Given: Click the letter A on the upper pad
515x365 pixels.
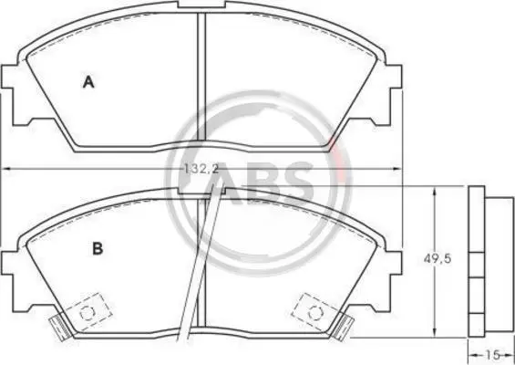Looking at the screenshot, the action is tap(88, 82).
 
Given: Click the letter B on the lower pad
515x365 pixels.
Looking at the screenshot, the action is tap(98, 248).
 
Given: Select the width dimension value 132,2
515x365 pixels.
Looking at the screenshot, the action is tap(201, 169).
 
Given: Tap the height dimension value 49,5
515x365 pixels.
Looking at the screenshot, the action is tap(438, 259).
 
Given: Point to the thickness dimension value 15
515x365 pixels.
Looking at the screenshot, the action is tap(492, 355).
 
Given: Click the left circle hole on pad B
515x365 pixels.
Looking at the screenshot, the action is tap(88, 313).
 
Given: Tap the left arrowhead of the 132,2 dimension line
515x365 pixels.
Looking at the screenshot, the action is tap(7, 169).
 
